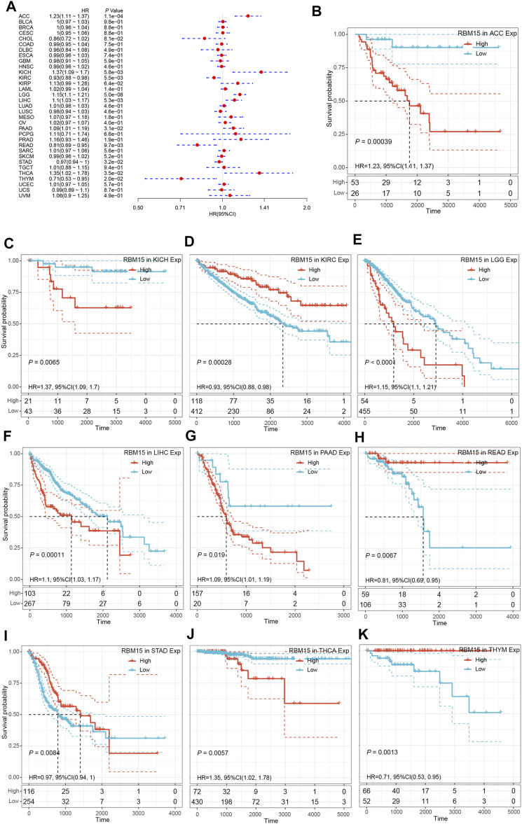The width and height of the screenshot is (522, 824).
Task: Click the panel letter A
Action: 10,9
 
